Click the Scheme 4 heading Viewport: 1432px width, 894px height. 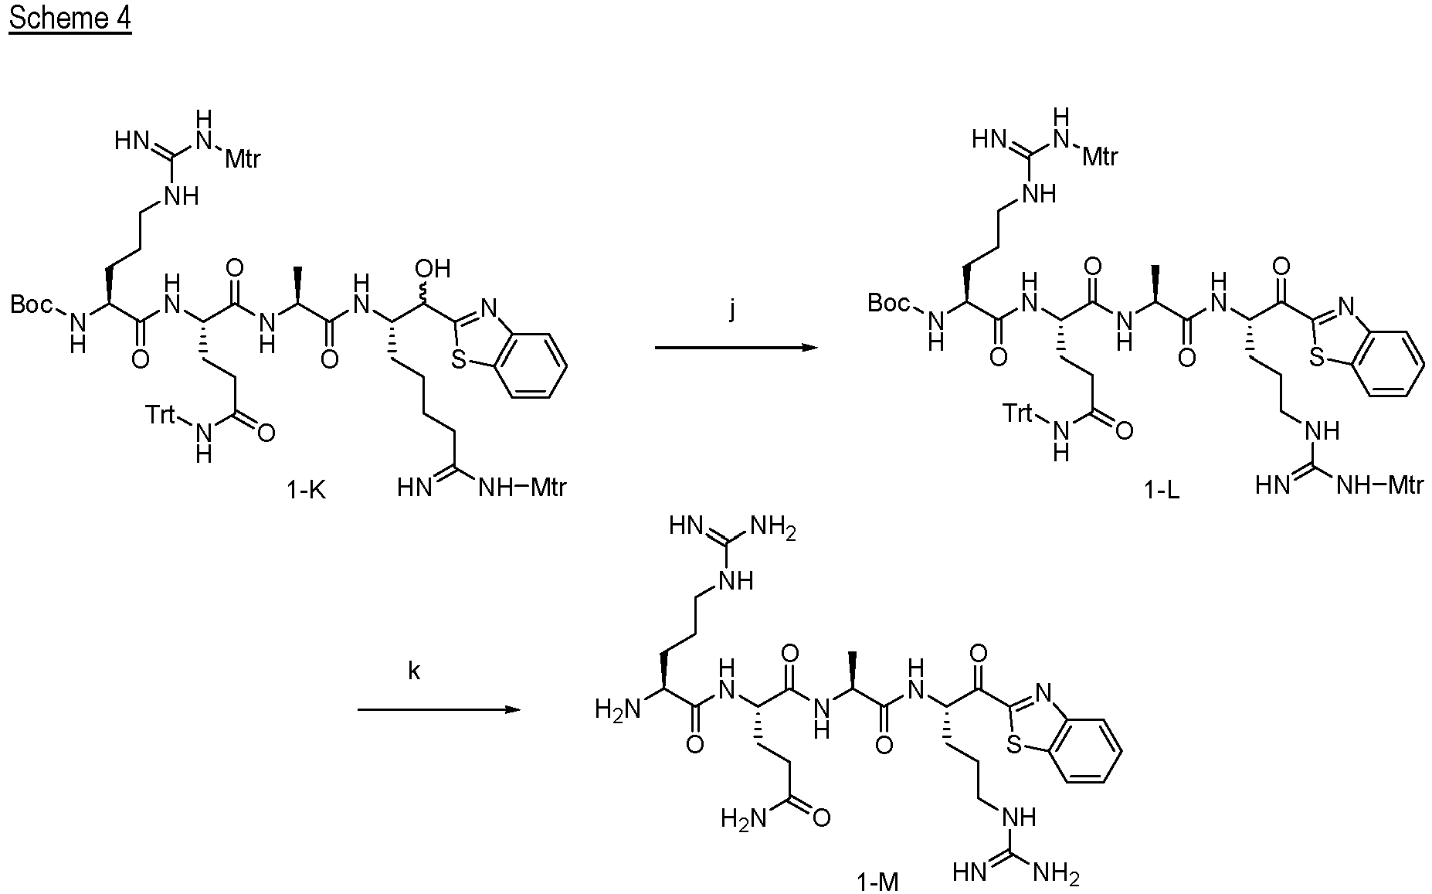pos(70,18)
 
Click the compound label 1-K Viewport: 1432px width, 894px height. pos(307,489)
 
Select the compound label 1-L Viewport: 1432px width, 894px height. pos(1162,490)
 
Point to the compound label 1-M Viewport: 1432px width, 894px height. pos(878,882)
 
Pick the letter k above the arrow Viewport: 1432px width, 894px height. pos(415,671)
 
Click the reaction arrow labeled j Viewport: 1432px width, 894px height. pos(736,348)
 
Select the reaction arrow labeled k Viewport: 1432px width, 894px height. pos(437,709)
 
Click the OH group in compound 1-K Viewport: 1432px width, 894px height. pos(433,269)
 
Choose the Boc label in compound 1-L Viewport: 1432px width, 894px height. pos(888,303)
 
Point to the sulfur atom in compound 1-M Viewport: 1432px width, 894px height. pos(1016,743)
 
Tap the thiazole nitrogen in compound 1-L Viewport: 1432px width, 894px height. pos(1347,308)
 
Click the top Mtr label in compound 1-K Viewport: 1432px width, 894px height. pos(243,159)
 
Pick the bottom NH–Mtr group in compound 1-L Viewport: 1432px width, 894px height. pos(1379,485)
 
